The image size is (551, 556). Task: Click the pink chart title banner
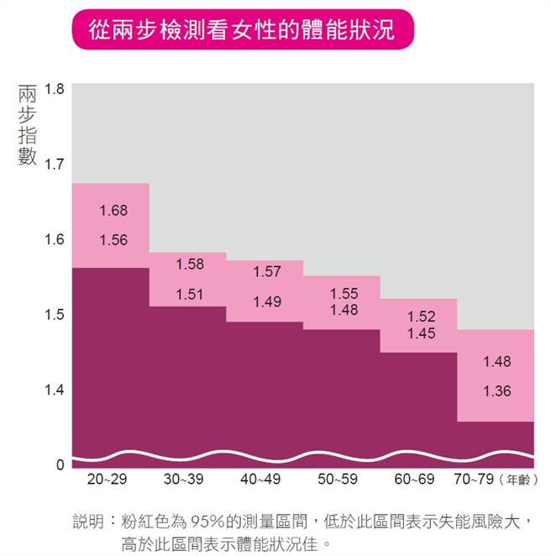(x=243, y=30)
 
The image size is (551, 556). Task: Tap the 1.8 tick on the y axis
(x=54, y=89)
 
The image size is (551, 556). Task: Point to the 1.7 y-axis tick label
(x=54, y=165)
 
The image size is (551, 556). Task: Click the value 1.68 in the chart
(x=113, y=211)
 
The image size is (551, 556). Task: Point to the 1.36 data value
(x=496, y=391)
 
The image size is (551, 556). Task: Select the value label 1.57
(x=267, y=272)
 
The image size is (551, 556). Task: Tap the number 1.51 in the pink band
(x=190, y=294)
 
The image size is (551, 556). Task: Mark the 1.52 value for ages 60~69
(x=421, y=317)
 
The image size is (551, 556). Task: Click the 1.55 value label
(x=344, y=293)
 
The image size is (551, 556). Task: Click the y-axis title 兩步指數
(x=28, y=121)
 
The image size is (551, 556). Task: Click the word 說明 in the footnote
(x=88, y=522)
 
